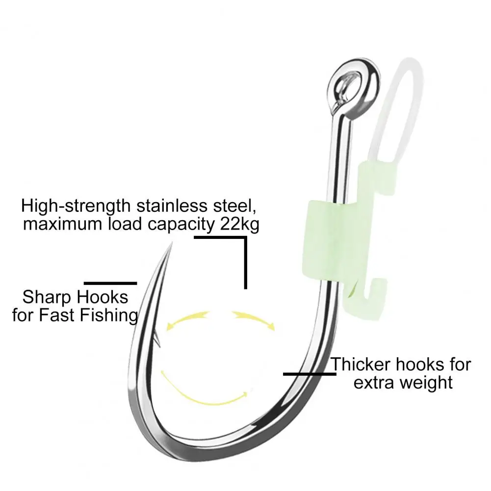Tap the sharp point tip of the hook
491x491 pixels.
coord(172,242)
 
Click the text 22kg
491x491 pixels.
coord(239,225)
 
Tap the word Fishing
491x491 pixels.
coord(109,315)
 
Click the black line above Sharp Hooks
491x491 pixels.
coord(110,284)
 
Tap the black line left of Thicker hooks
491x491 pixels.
coord(310,374)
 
